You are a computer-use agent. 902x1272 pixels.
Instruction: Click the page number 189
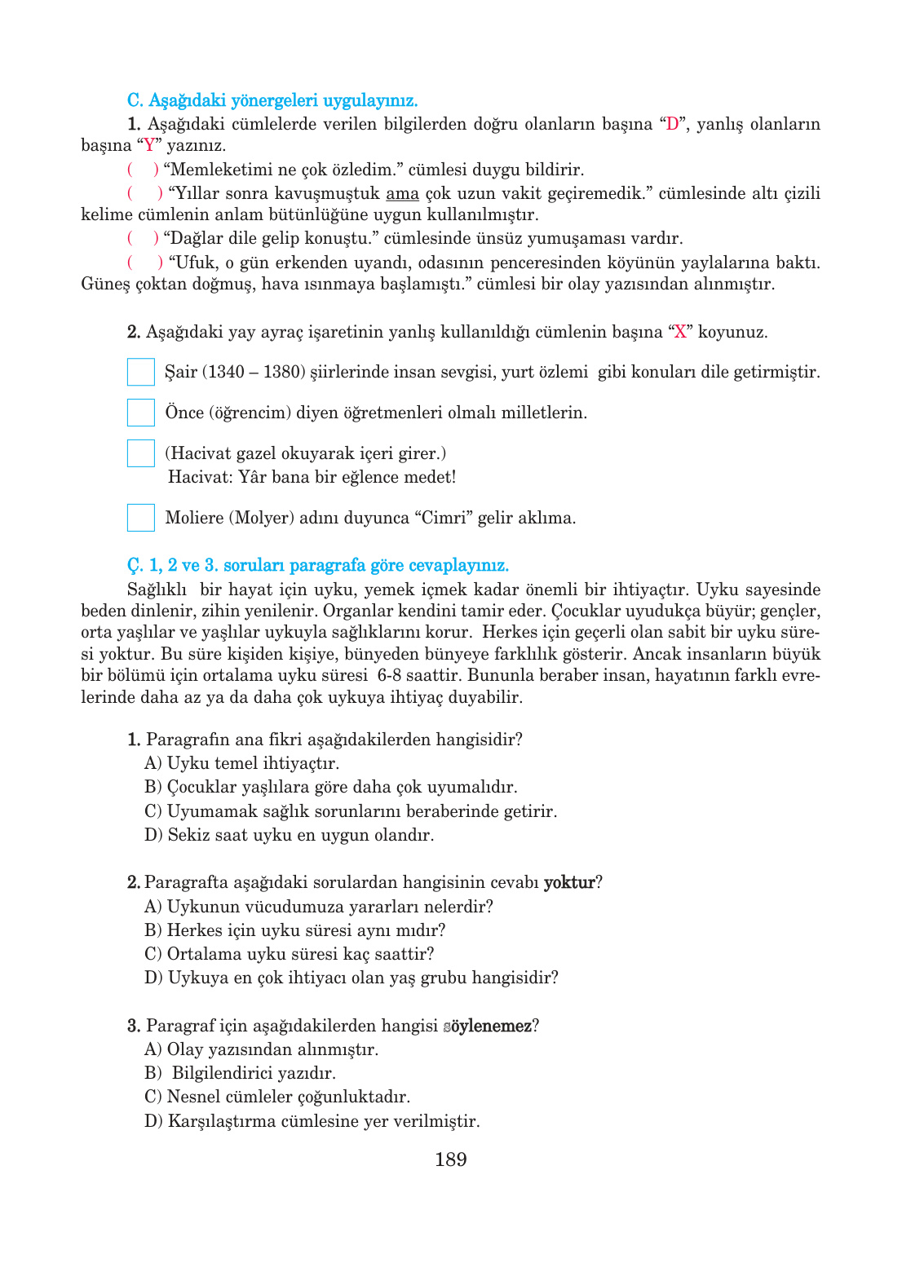(450, 1159)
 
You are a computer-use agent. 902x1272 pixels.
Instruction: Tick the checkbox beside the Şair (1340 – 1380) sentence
(141, 372)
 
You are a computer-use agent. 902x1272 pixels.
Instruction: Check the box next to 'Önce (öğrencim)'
(141, 413)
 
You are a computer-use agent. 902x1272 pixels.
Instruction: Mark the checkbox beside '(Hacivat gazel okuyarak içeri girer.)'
(141, 453)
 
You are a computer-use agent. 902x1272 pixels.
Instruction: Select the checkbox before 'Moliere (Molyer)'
(141, 518)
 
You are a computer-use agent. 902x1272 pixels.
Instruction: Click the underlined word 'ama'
(402, 194)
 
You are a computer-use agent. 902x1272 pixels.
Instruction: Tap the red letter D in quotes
(672, 125)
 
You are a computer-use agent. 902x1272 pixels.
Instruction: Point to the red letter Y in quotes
(149, 146)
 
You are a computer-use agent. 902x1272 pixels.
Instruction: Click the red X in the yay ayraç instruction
(680, 333)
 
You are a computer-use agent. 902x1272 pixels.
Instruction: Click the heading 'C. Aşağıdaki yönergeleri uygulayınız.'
(272, 101)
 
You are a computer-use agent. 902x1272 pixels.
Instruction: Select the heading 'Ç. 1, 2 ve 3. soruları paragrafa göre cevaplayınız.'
(318, 566)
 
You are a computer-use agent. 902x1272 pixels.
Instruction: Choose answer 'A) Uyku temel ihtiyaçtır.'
(242, 763)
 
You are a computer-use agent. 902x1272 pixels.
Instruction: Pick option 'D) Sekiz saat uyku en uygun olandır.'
(290, 835)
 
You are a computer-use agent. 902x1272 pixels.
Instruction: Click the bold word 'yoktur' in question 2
(569, 882)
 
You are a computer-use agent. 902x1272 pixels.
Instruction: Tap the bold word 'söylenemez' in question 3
(488, 1026)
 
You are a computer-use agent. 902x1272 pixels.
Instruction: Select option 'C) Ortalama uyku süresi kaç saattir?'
(290, 954)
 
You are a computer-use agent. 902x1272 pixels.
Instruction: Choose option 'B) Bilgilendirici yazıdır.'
(241, 1073)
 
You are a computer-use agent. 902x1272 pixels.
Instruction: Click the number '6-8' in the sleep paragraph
(389, 675)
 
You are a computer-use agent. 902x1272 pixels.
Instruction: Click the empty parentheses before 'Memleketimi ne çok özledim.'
(143, 170)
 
